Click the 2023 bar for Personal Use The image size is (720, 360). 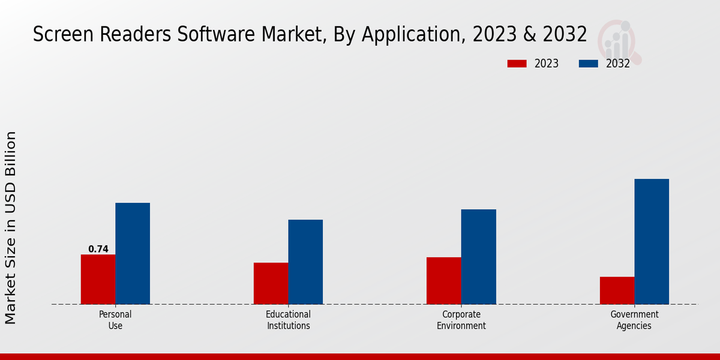98,279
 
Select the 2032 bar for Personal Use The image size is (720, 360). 133,253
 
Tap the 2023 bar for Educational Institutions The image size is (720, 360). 271,283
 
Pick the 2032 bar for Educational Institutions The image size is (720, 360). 305,262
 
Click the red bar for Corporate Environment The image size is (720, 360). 444,280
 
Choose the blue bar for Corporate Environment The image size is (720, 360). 479,256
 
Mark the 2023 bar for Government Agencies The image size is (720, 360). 617,290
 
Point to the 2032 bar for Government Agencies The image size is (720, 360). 652,241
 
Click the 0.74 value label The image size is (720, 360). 98,249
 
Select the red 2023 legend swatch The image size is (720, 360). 516,64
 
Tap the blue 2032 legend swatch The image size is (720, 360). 588,64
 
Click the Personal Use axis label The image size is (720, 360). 115,320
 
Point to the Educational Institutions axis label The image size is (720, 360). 288,320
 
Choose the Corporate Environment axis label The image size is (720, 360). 461,320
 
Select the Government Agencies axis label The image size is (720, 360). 634,320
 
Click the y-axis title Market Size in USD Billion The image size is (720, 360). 11,228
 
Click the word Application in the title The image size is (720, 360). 410,35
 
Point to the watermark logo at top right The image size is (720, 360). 620,41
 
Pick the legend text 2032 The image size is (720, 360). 617,64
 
